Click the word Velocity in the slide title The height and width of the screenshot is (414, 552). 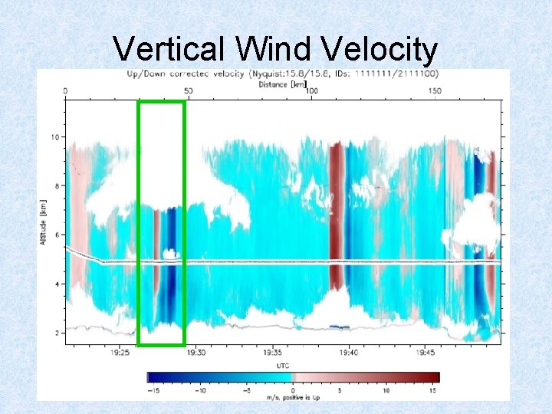click(x=379, y=50)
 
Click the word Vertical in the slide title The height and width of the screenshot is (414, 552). click(x=167, y=50)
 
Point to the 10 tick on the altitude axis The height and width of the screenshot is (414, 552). click(x=54, y=137)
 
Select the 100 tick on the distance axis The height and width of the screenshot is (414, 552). click(x=311, y=91)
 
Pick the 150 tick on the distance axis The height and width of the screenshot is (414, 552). click(x=435, y=91)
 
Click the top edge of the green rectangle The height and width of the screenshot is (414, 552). click(x=161, y=102)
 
